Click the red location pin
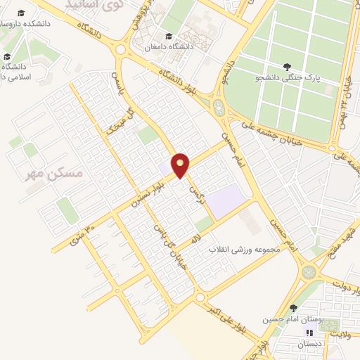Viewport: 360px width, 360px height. pos(181,165)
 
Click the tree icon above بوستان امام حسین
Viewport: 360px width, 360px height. pos(292,307)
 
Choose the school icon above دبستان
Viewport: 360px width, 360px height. pos(307,333)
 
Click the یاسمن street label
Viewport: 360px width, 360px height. pos(117,82)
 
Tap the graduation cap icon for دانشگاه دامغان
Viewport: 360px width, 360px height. pos(167,36)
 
